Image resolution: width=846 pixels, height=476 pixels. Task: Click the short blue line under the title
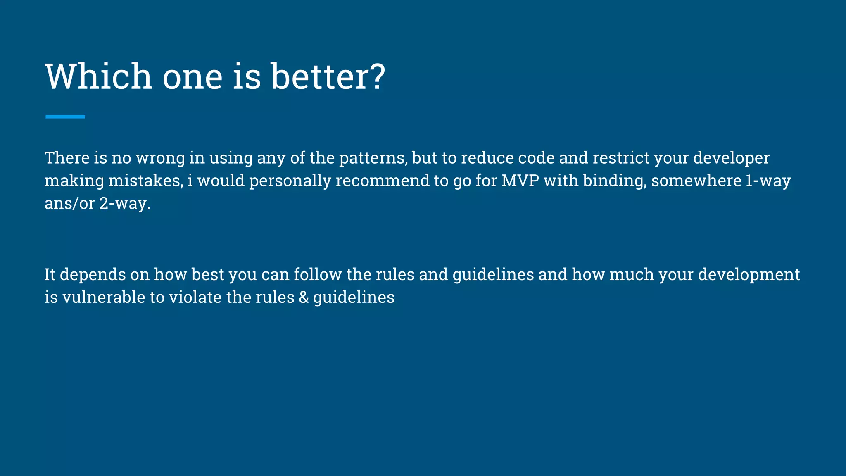click(x=65, y=117)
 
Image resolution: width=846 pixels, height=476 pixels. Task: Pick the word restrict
click(x=621, y=158)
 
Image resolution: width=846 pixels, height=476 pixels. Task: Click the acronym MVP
click(x=520, y=181)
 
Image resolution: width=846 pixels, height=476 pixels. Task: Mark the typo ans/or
click(x=69, y=204)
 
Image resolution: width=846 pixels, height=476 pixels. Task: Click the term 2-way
click(x=124, y=204)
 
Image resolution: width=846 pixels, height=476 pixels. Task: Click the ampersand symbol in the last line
click(x=304, y=297)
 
